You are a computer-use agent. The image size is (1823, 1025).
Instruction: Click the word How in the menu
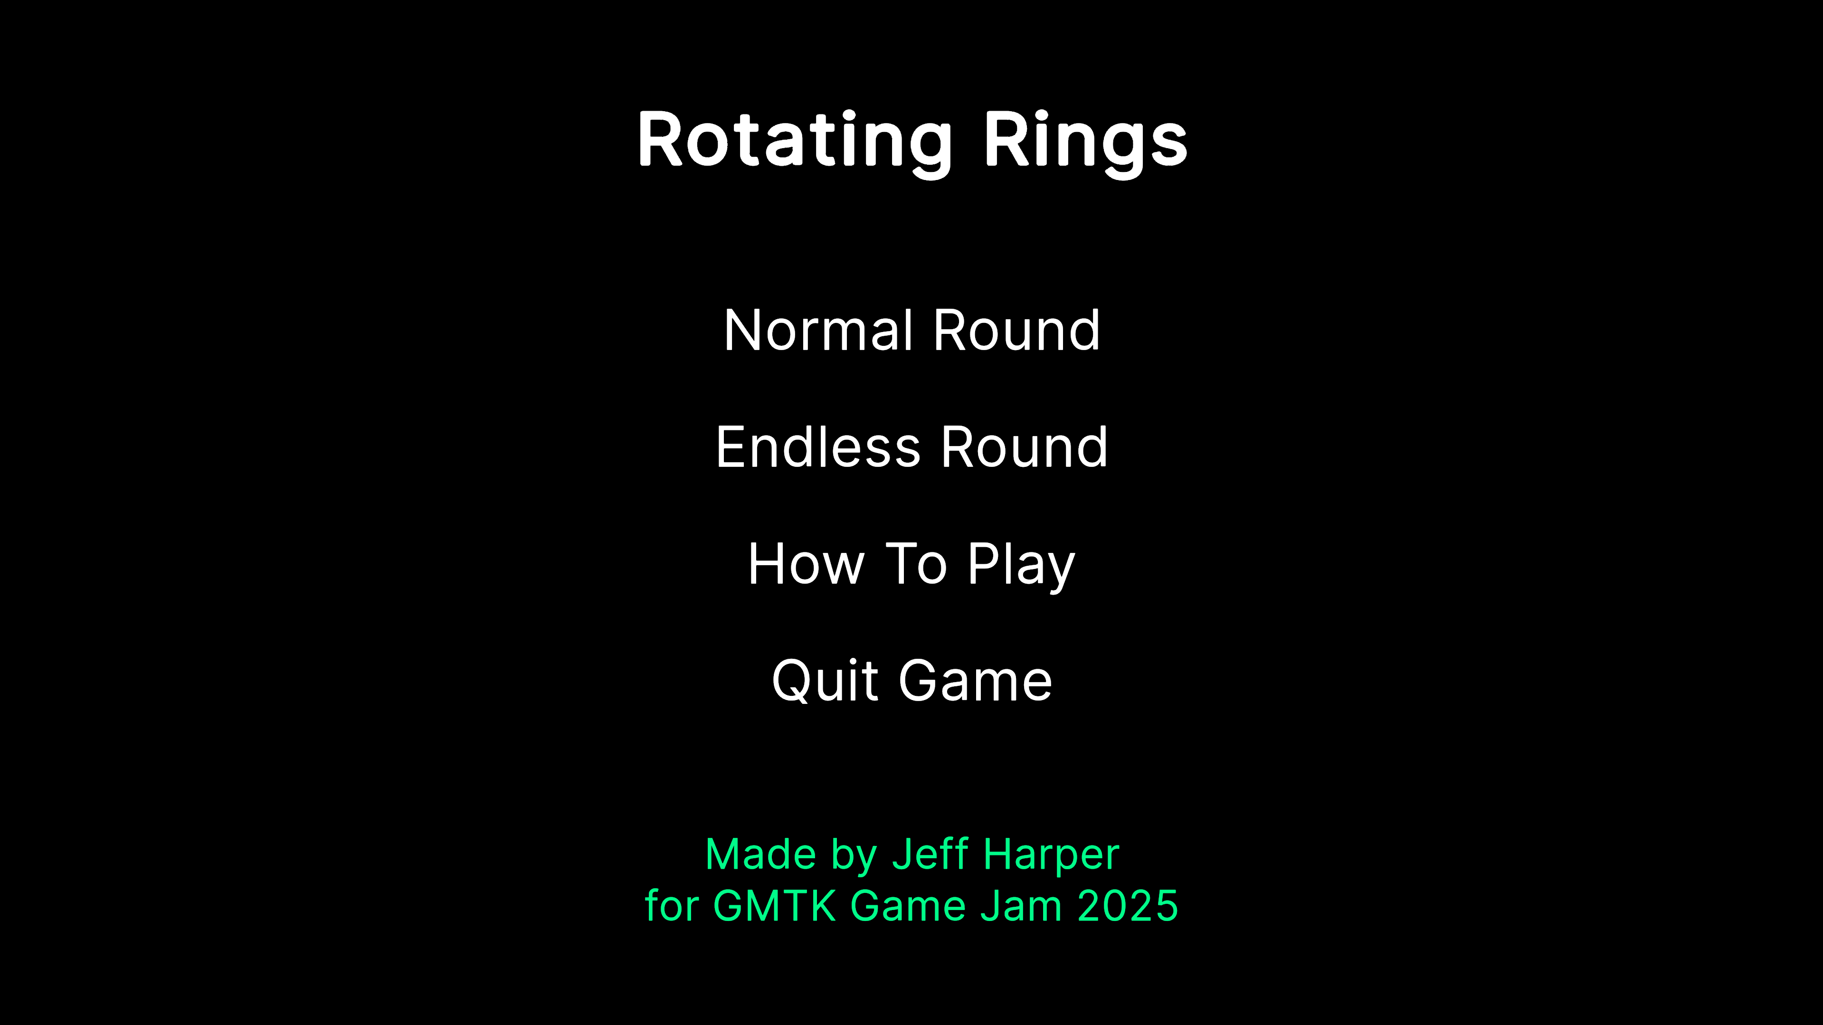click(x=806, y=564)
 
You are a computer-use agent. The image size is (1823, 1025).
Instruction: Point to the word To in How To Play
click(x=916, y=564)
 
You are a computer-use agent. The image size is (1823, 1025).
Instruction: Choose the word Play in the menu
click(x=1022, y=566)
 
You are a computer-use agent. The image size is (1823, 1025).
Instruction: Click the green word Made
click(x=761, y=854)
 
